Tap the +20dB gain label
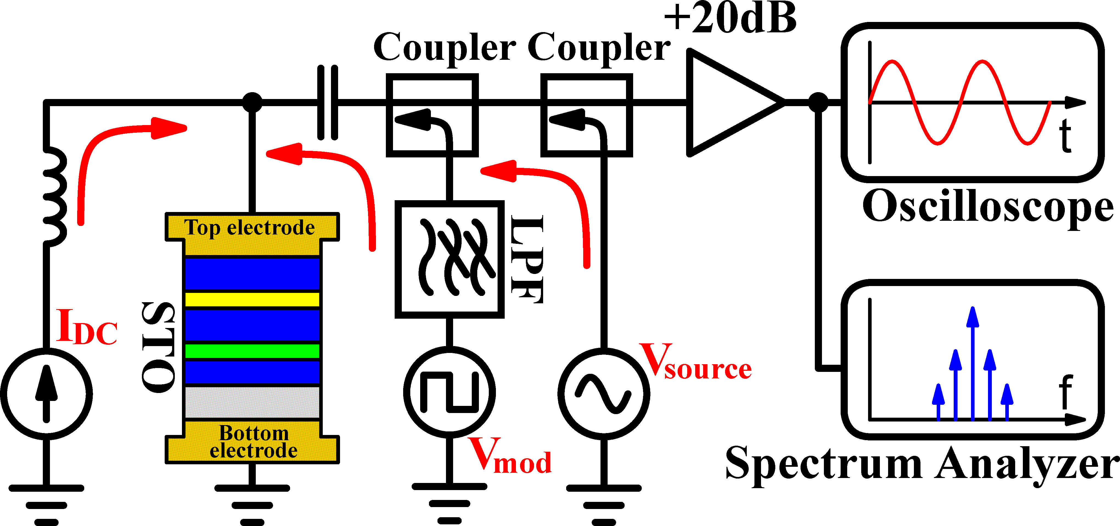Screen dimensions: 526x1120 click(x=731, y=19)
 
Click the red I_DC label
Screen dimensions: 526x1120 click(x=86, y=328)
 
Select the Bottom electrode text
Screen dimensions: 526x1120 click(x=254, y=442)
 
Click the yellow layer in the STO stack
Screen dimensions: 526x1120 click(x=252, y=299)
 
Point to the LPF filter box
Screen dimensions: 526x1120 click(x=449, y=259)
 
